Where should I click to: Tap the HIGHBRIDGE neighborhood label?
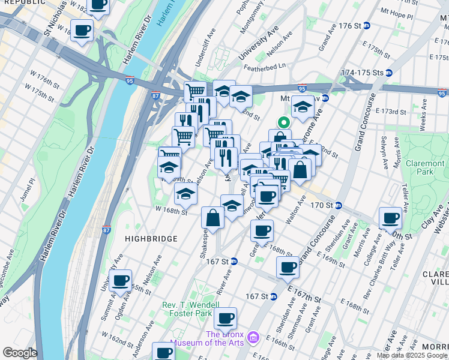click(x=151, y=239)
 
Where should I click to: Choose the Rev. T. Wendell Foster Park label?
click(x=196, y=309)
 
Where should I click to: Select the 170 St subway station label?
click(x=324, y=205)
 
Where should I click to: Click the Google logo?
click(x=19, y=353)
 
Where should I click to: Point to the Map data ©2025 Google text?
click(x=411, y=355)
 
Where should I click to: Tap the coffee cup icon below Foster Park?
click(x=225, y=318)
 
